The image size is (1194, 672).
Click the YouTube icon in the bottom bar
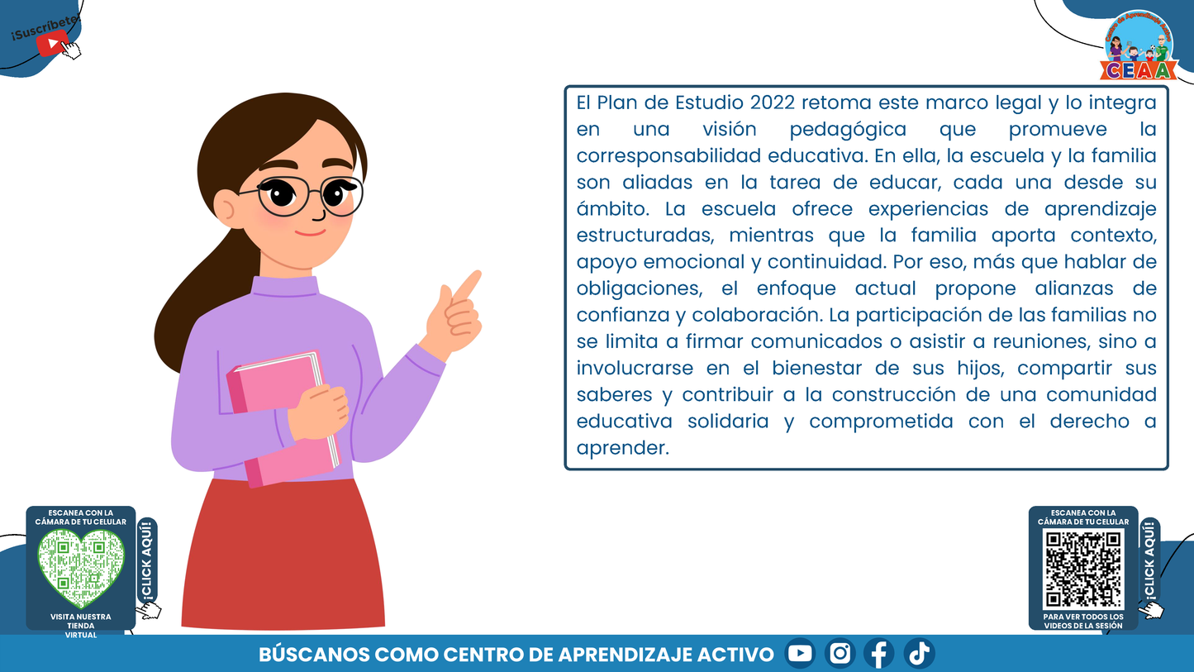pyautogui.click(x=800, y=654)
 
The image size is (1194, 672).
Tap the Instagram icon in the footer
pyautogui.click(x=840, y=654)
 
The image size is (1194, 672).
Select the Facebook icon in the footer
pyautogui.click(x=879, y=654)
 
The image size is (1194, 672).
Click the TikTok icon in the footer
pyautogui.click(x=919, y=654)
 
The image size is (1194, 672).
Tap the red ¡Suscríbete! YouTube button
pyautogui.click(x=52, y=44)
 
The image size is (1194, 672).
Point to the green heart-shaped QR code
pyautogui.click(x=81, y=565)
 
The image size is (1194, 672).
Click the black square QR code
pyautogui.click(x=1083, y=570)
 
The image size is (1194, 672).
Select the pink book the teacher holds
pyautogui.click(x=283, y=417)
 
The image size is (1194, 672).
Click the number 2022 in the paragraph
pyautogui.click(x=772, y=103)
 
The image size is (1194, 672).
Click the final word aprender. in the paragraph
pyautogui.click(x=621, y=448)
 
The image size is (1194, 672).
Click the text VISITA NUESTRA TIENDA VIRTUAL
pyautogui.click(x=81, y=626)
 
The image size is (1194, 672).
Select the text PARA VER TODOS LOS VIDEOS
pyautogui.click(x=1083, y=621)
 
